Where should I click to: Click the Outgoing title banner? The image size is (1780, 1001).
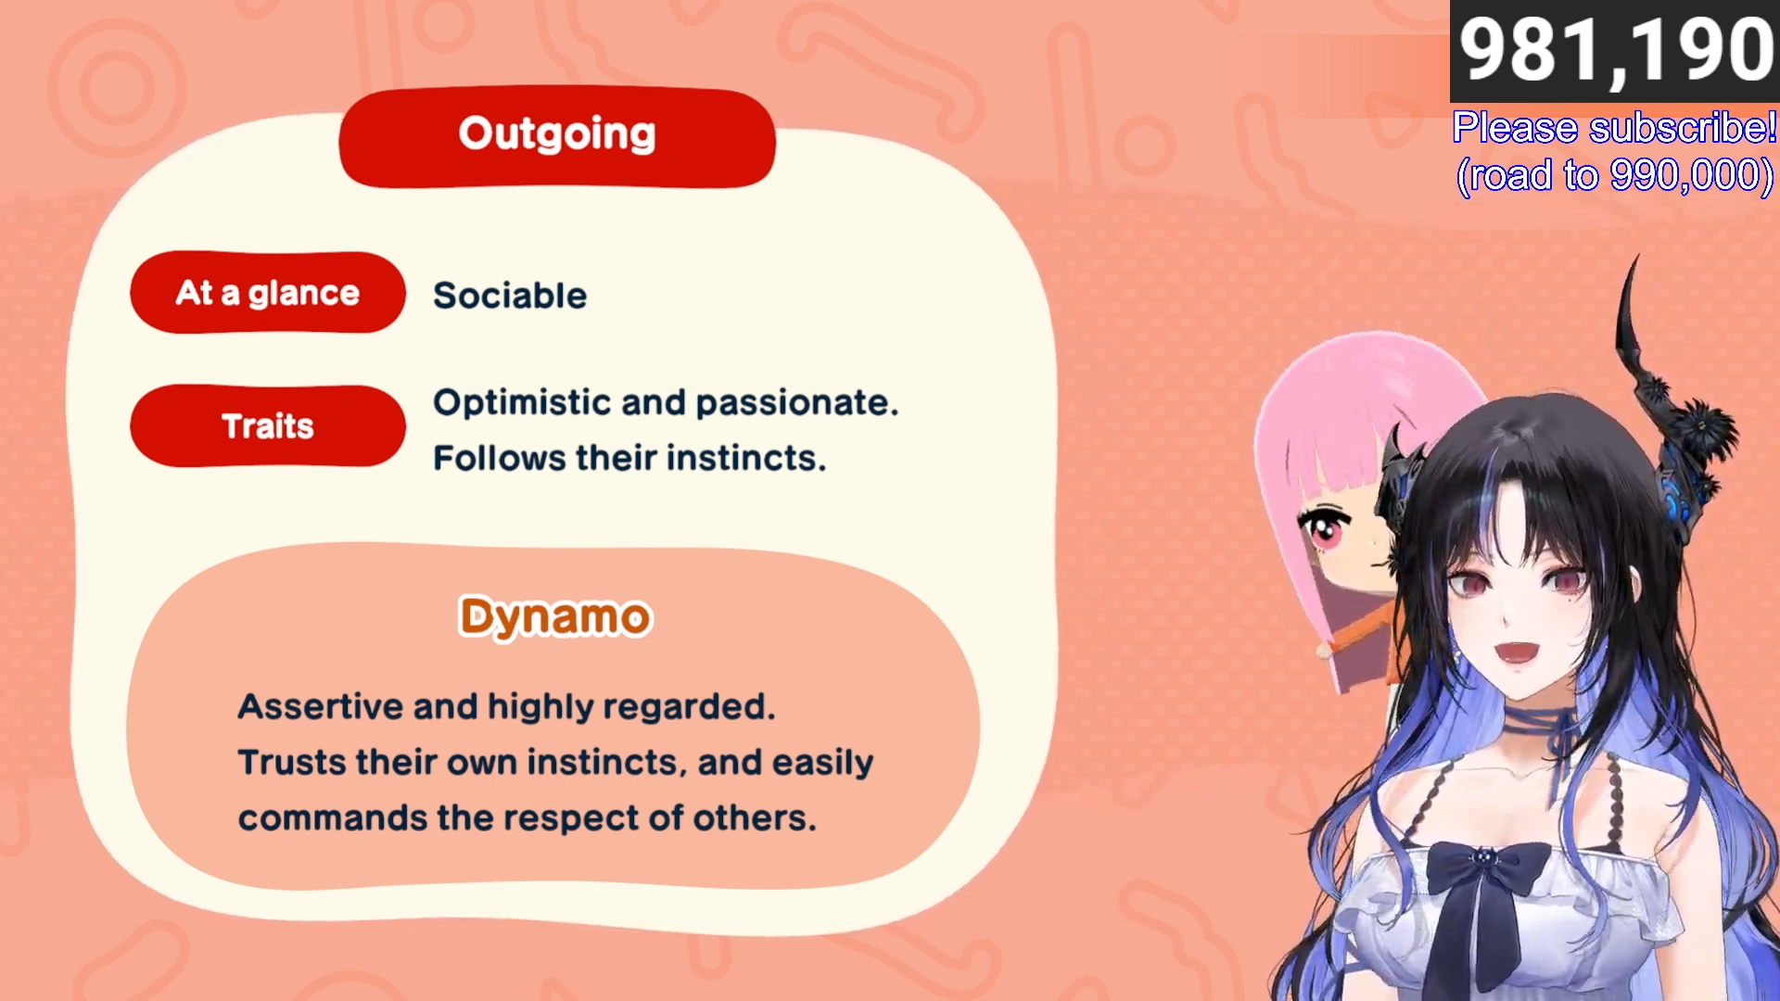[x=557, y=137]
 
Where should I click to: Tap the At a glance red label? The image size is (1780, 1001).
[x=268, y=292]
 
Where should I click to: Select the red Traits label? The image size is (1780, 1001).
[x=268, y=425]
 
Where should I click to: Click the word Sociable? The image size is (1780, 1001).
[x=510, y=296]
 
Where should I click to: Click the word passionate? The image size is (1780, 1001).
[x=797, y=403]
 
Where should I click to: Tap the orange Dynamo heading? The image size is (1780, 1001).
[x=555, y=617]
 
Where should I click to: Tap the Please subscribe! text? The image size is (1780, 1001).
[x=1614, y=128]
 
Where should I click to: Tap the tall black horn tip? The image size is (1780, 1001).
[x=1636, y=258]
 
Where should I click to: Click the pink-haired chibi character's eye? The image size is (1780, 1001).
[x=1325, y=529]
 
